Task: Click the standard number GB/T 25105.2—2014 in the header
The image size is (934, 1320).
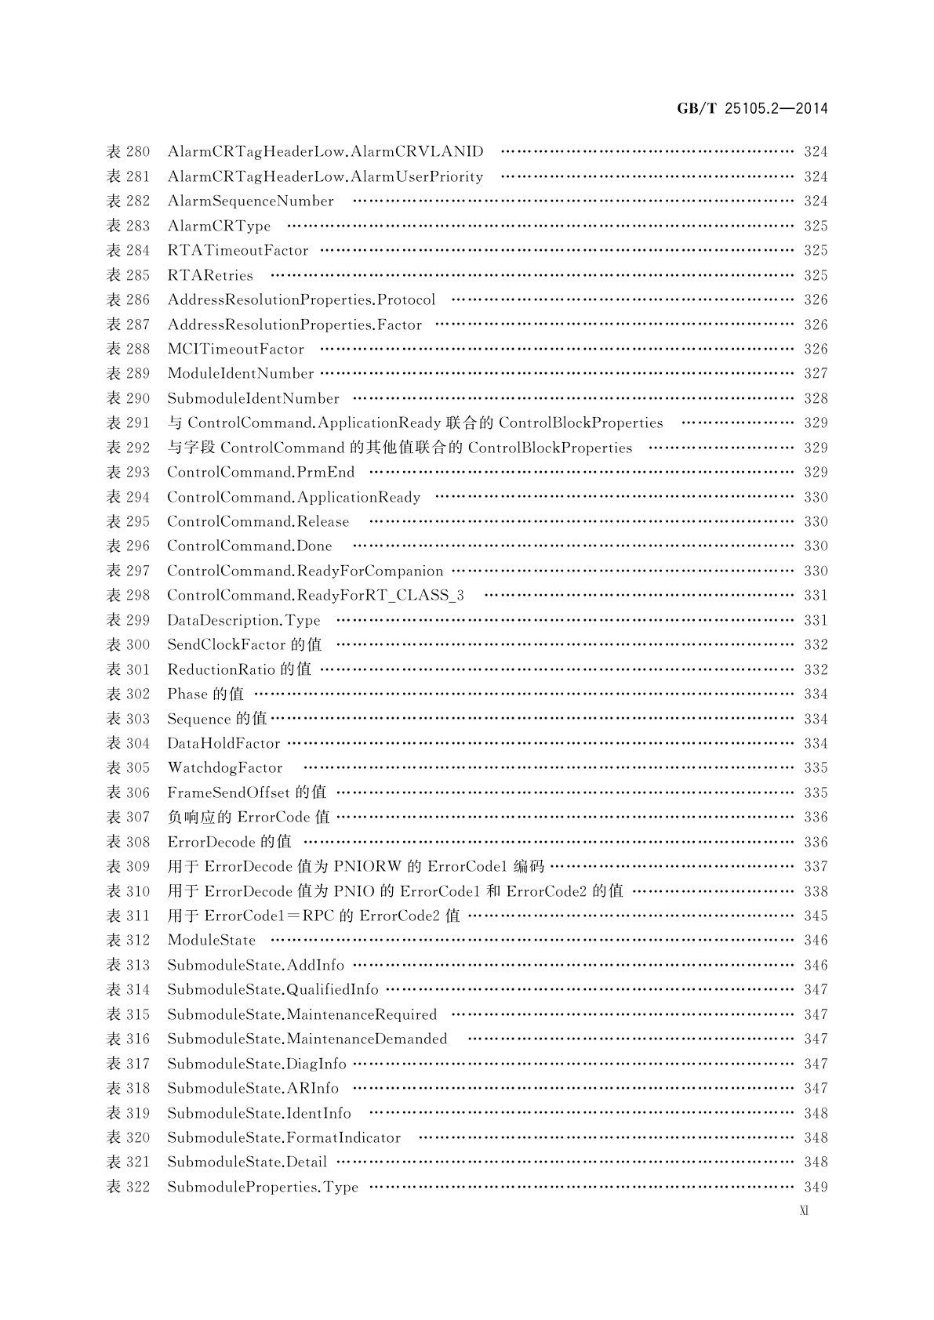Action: pos(752,109)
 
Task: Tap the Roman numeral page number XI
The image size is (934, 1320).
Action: pos(804,1210)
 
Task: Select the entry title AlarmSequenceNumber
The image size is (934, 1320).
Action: pos(250,201)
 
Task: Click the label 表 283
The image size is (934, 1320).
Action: pos(128,226)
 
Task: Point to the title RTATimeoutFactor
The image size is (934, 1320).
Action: pos(238,251)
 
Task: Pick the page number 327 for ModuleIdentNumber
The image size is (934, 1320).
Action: pos(816,374)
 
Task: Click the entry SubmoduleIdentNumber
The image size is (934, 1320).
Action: pos(253,398)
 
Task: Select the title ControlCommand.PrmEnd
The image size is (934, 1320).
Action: pos(260,472)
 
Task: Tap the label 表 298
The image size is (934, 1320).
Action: pos(128,595)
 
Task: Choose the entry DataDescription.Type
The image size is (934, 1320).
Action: pos(244,620)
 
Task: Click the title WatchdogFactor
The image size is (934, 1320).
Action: pos(225,767)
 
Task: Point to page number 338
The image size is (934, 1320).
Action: pos(816,891)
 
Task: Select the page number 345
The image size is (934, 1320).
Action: pos(816,916)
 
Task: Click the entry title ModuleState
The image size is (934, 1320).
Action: pos(212,940)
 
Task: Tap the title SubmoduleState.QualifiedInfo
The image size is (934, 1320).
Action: pos(273,989)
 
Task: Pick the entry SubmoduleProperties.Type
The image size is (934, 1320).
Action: pos(263,1187)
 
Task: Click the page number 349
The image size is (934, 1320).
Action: pos(816,1187)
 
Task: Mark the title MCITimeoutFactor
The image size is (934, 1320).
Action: pos(235,349)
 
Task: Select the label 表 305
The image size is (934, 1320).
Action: pos(128,767)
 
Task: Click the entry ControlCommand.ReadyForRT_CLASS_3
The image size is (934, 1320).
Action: pos(315,595)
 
